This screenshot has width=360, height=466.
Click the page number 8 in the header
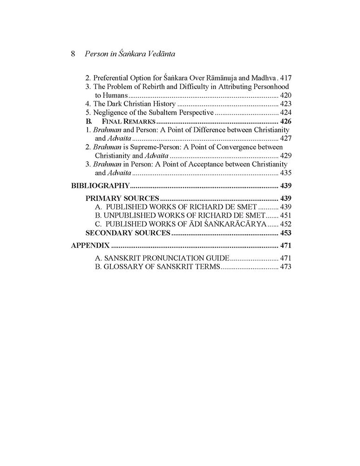(x=74, y=54)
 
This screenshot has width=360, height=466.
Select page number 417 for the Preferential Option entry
(x=285, y=78)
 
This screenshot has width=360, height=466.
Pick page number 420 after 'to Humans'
(x=285, y=95)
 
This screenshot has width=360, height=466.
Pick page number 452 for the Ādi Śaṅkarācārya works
(x=285, y=224)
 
